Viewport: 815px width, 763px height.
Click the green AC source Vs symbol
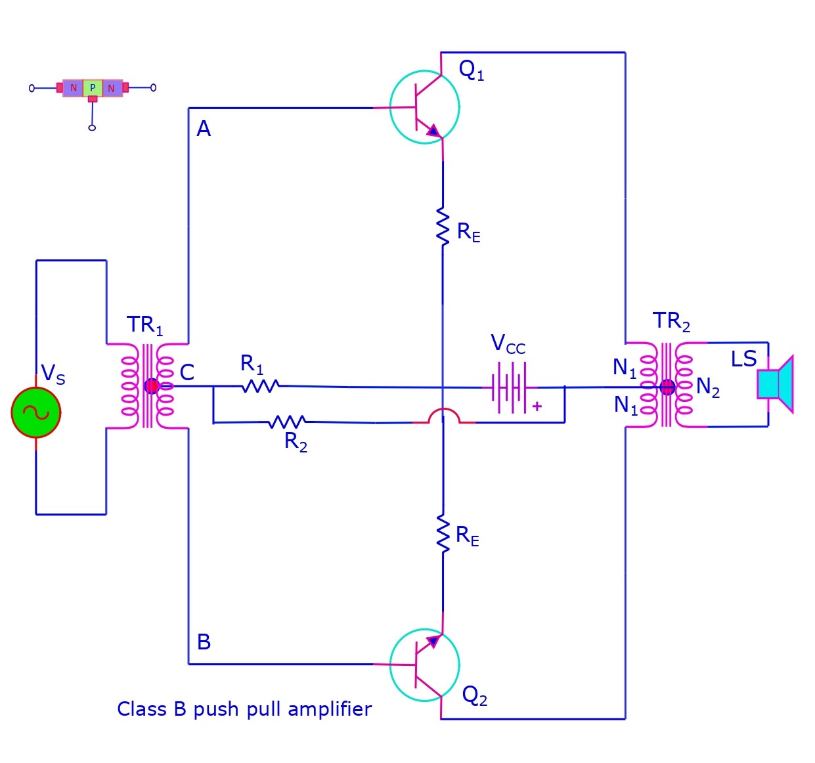[x=36, y=412]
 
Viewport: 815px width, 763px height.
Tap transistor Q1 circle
[x=424, y=107]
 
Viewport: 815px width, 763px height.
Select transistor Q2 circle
[x=424, y=665]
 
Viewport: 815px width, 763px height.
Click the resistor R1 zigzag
[x=261, y=386]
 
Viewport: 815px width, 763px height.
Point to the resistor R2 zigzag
[x=288, y=422]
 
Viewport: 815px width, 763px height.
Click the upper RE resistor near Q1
[x=443, y=227]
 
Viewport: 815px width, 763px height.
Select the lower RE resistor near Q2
[x=443, y=533]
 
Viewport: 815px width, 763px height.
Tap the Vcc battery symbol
[x=509, y=388]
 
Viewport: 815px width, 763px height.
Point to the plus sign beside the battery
[x=537, y=406]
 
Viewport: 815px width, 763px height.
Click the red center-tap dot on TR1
[x=152, y=386]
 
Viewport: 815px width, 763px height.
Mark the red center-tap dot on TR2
[x=667, y=387]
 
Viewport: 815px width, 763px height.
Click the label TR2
[x=671, y=322]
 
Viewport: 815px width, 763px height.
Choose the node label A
[x=204, y=129]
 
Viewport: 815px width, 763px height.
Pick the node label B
[x=204, y=642]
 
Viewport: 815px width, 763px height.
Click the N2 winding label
[x=707, y=387]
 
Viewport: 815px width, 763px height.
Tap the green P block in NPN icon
[x=93, y=88]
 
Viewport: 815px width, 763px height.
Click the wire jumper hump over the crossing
[x=443, y=414]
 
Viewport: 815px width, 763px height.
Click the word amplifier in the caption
[x=330, y=709]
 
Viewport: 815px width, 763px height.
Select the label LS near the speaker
[x=743, y=359]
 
